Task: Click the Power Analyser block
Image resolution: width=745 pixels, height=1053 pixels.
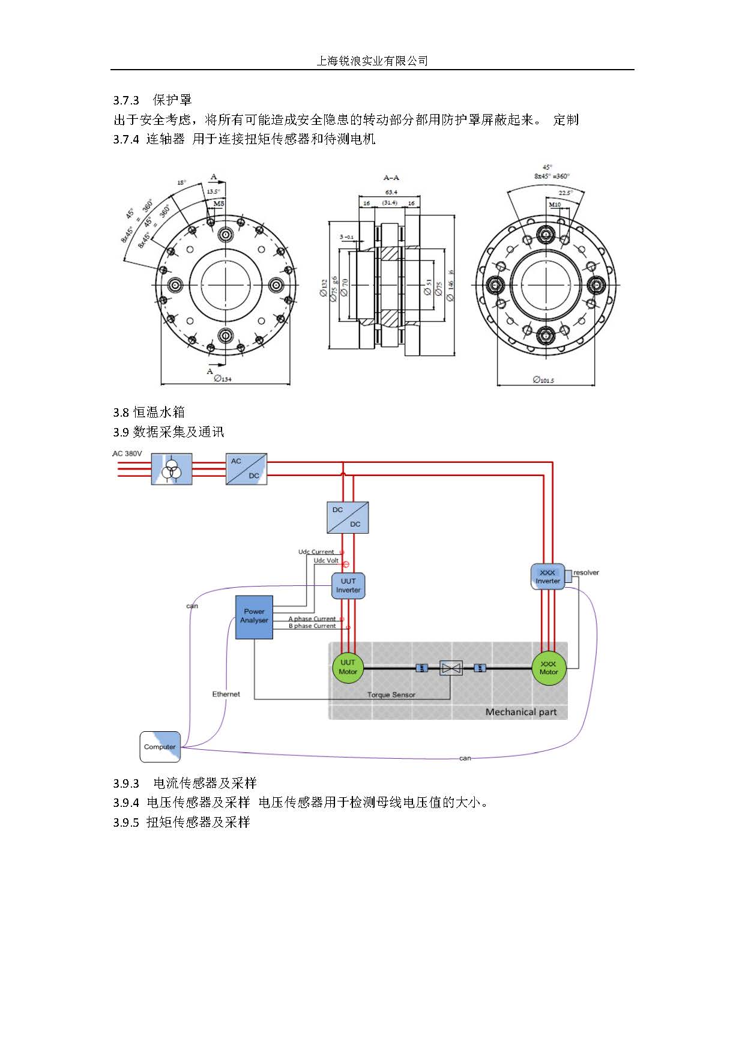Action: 254,617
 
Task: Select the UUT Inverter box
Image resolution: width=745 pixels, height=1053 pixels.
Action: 348,585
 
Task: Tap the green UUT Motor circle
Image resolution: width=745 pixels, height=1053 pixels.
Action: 348,667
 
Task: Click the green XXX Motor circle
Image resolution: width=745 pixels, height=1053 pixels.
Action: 549,668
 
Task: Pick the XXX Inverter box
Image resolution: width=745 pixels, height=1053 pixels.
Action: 547,577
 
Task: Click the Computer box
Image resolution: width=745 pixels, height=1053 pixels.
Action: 160,747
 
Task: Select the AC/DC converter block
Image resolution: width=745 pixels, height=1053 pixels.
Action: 246,469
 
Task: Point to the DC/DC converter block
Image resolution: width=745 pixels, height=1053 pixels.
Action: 348,517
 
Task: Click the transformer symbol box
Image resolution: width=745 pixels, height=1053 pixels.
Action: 172,469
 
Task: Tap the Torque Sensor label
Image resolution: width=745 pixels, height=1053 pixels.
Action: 391,695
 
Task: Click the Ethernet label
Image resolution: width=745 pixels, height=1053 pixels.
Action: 226,694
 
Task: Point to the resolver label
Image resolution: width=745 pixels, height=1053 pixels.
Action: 586,572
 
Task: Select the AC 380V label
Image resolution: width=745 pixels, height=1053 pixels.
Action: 127,453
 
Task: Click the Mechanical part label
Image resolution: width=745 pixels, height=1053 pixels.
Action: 520,712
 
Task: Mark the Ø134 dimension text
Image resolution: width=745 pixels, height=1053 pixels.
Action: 222,379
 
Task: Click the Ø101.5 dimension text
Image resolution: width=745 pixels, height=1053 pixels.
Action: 543,380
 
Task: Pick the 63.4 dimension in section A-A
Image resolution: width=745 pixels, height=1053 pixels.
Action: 391,192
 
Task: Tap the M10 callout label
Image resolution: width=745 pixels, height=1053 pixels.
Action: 555,205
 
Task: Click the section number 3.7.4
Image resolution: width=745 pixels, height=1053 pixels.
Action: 126,139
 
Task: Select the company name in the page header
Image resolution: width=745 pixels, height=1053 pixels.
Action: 372,61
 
